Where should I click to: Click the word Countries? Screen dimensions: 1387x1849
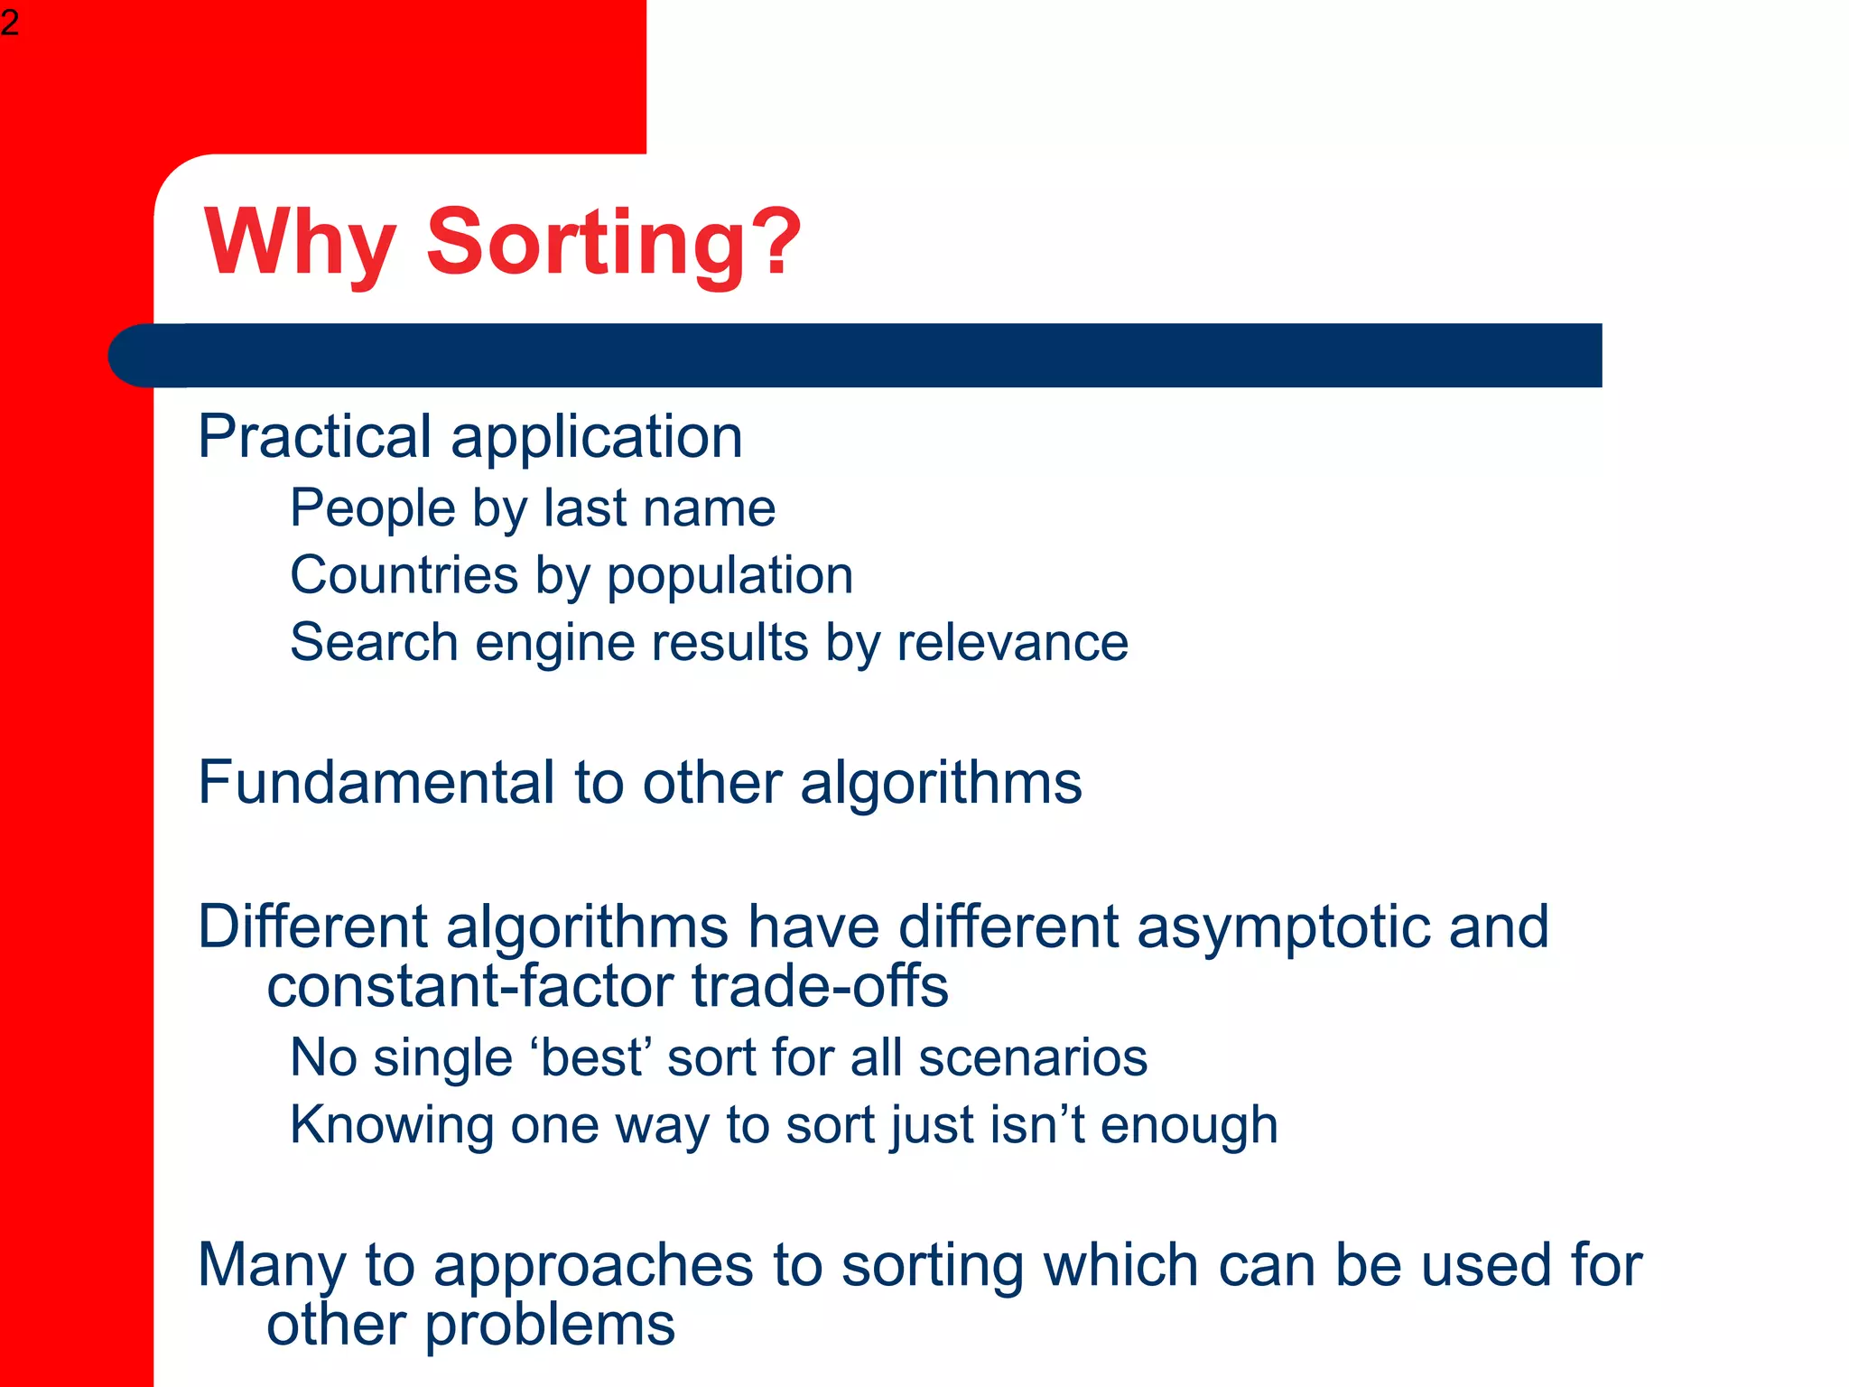click(404, 575)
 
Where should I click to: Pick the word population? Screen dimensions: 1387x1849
click(729, 577)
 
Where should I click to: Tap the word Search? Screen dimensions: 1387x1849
click(374, 642)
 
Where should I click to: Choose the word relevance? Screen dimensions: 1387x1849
click(1012, 642)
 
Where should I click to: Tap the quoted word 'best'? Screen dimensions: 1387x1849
click(591, 1057)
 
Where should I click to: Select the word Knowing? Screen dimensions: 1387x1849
click(391, 1126)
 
